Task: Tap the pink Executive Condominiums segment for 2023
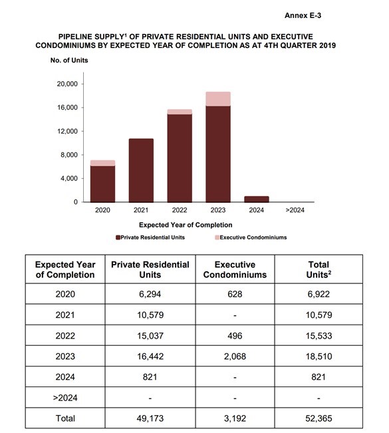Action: (x=217, y=99)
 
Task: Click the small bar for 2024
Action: (x=256, y=199)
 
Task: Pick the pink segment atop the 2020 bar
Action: (x=102, y=163)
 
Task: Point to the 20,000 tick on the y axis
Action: (x=68, y=84)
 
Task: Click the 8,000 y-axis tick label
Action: (x=70, y=155)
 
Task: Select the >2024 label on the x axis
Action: (x=295, y=211)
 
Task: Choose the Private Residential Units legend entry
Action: (x=149, y=237)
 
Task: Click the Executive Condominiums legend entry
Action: (x=252, y=237)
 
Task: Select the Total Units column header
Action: (x=319, y=269)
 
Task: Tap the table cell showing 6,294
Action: (x=150, y=293)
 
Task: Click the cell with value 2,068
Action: (x=235, y=357)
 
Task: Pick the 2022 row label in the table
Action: (x=65, y=336)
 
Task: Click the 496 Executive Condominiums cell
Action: (x=235, y=336)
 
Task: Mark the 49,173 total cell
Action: (x=150, y=418)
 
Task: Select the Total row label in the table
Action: (x=65, y=418)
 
